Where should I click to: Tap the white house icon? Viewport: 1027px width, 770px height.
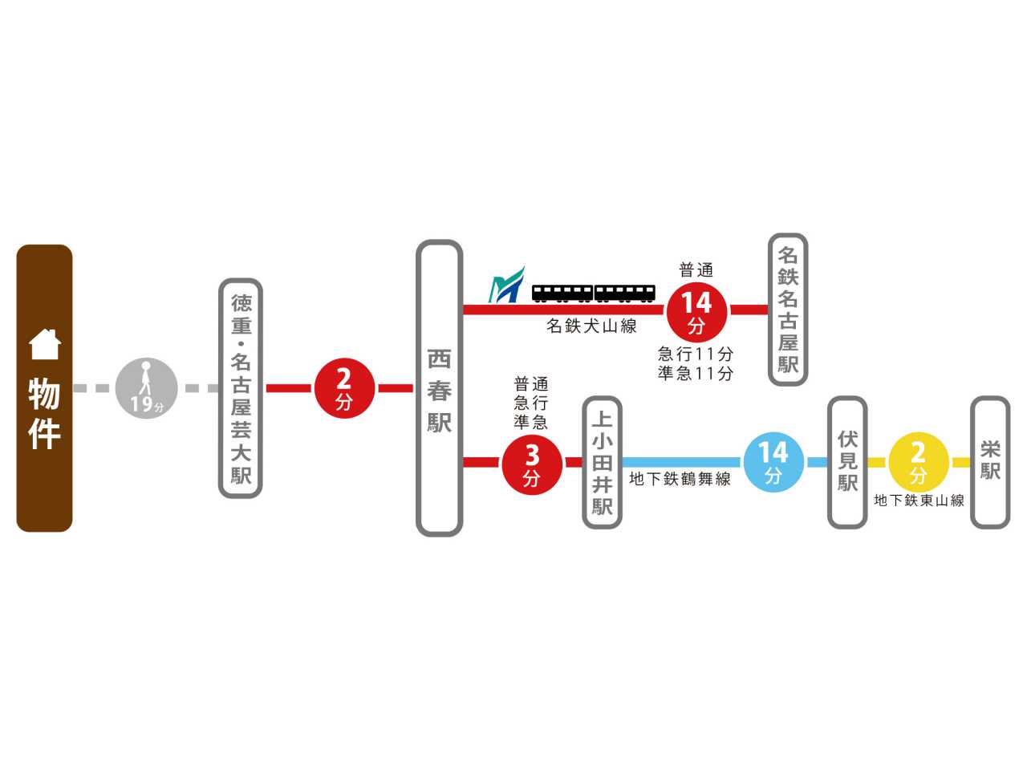45,345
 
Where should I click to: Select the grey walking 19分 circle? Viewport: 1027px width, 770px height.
146,388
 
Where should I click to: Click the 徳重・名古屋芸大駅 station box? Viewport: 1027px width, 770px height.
241,388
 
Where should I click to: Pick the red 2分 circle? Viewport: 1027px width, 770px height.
344,388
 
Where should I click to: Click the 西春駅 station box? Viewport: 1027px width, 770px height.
439,388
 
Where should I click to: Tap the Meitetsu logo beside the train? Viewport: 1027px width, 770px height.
506,286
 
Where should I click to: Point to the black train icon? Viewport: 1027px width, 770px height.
593,294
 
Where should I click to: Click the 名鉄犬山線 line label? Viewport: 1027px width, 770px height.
591,326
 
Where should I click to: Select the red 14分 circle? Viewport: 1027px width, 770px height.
696,311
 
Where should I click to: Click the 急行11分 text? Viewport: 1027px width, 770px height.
696,354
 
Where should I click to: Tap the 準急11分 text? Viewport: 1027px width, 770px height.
696,373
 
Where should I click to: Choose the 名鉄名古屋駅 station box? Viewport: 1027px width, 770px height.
788,310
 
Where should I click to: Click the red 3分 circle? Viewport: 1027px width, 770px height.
532,463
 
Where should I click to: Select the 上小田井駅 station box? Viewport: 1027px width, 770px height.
602,463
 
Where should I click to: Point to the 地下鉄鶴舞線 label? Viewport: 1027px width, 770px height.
680,480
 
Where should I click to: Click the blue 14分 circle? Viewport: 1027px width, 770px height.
773,461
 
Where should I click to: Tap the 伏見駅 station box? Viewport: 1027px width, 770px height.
847,462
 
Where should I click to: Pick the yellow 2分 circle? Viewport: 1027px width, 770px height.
919,462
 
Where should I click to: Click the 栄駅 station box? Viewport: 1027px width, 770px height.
990,462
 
